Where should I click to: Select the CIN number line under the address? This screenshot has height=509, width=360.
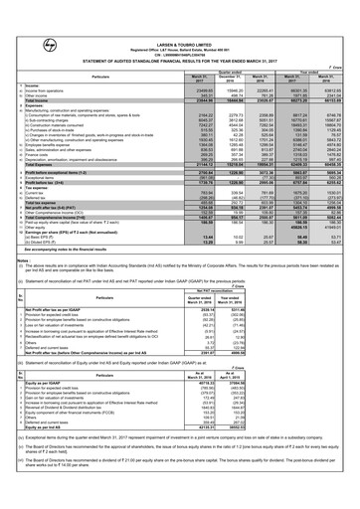(180, 27)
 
